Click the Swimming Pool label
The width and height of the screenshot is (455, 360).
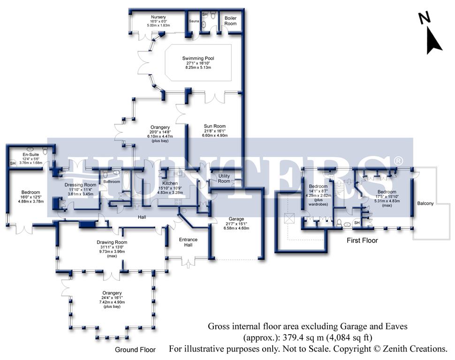coord(197,58)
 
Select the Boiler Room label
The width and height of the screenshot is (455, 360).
coord(230,21)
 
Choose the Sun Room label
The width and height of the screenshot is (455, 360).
coord(215,126)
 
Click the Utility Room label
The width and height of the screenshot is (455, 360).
coord(224,178)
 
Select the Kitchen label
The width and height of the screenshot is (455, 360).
coord(170,183)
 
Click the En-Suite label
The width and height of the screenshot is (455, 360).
coord(31,153)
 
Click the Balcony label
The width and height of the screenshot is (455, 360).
coord(426,203)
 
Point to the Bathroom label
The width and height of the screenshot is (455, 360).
coord(112,181)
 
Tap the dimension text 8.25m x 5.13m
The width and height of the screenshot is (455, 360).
coord(198,68)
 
